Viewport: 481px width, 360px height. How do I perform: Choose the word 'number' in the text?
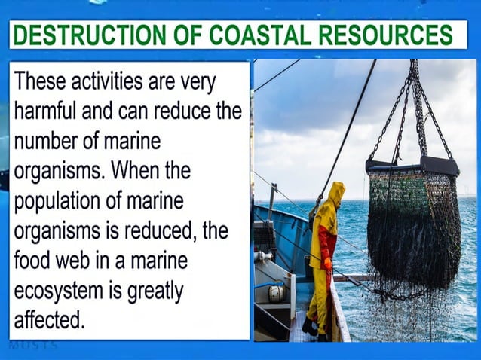[48, 141]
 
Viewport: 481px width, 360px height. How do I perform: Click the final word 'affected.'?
[50, 320]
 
